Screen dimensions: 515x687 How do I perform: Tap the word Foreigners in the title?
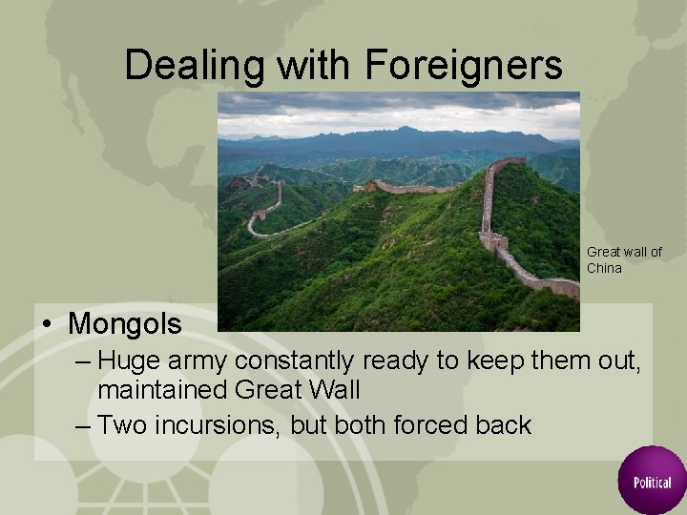pos(463,65)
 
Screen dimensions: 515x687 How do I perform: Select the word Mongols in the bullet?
pos(124,323)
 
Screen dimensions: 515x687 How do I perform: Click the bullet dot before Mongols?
pos(47,324)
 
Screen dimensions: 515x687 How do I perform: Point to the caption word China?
pos(604,268)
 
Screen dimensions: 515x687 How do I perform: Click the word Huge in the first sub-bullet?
pos(128,360)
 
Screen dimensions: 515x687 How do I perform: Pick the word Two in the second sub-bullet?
pos(119,424)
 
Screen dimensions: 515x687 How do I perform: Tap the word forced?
pos(424,424)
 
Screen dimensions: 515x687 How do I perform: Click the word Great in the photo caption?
pos(603,252)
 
